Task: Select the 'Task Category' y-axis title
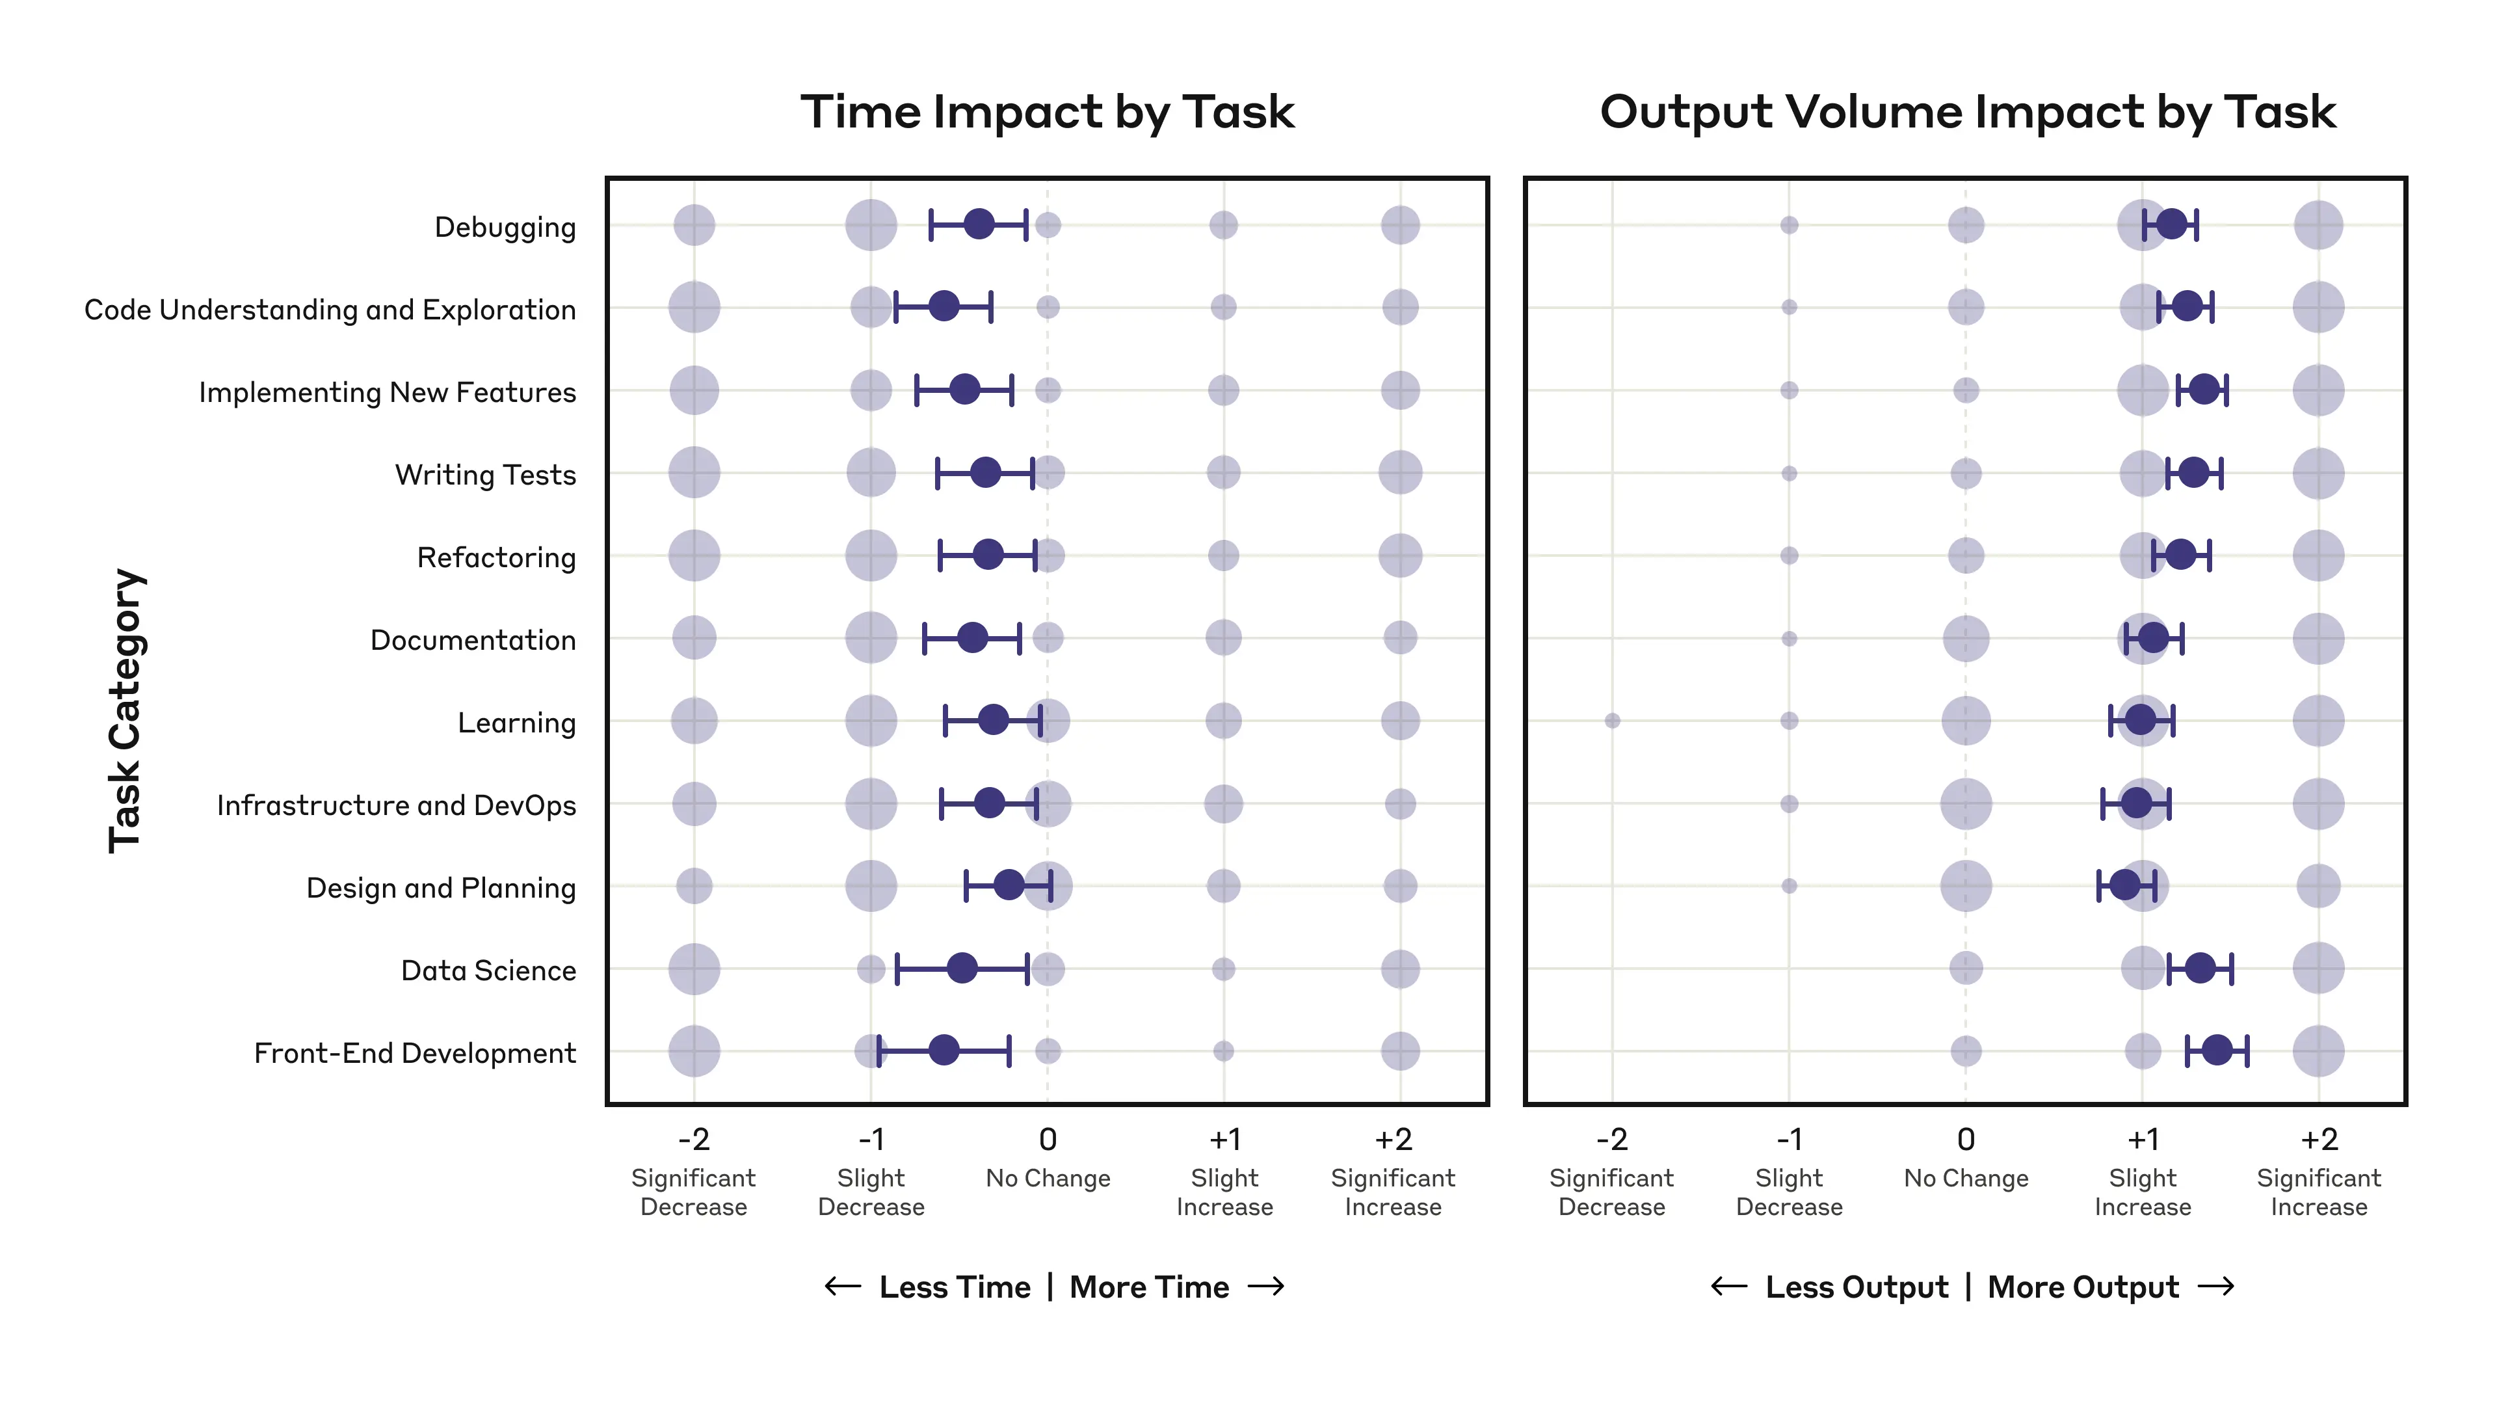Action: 126,711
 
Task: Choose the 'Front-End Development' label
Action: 414,1053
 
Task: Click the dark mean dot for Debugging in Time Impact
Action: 979,224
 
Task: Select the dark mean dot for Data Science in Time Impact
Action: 962,968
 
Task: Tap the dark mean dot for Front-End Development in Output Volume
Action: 2217,1050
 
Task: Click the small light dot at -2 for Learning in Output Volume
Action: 1612,721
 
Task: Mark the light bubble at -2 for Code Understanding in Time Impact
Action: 694,308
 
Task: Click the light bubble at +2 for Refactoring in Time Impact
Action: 1400,555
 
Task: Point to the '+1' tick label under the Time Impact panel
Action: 1224,1140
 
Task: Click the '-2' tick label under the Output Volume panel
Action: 1611,1140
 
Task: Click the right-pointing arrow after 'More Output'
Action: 2216,1287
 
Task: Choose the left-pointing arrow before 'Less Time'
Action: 842,1287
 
